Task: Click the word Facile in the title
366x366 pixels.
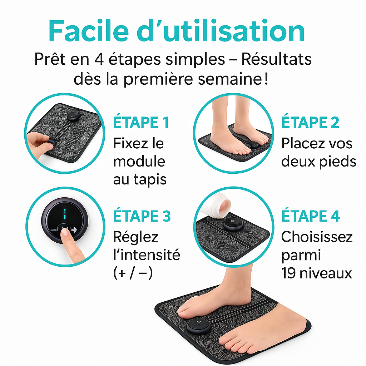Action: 89,31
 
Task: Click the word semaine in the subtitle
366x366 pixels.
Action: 230,79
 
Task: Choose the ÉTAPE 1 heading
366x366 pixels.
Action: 141,122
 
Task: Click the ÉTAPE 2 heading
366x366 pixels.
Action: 310,122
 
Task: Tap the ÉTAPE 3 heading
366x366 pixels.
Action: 142,216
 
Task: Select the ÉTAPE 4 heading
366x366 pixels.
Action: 311,216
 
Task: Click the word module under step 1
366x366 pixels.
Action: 139,161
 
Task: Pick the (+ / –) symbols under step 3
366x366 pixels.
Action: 133,273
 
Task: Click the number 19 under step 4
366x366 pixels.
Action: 289,273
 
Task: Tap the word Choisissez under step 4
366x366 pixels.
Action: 317,237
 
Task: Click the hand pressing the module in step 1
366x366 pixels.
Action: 39,143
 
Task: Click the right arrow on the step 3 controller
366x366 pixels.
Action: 74,230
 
